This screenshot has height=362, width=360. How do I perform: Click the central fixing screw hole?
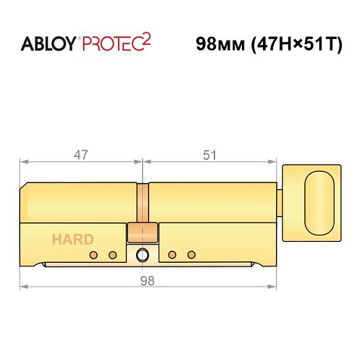[x=142, y=255]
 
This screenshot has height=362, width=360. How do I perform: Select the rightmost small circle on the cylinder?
[x=191, y=255]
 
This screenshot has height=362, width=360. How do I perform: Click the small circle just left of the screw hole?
[x=112, y=255]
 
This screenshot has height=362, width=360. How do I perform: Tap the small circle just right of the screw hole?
[x=172, y=255]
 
